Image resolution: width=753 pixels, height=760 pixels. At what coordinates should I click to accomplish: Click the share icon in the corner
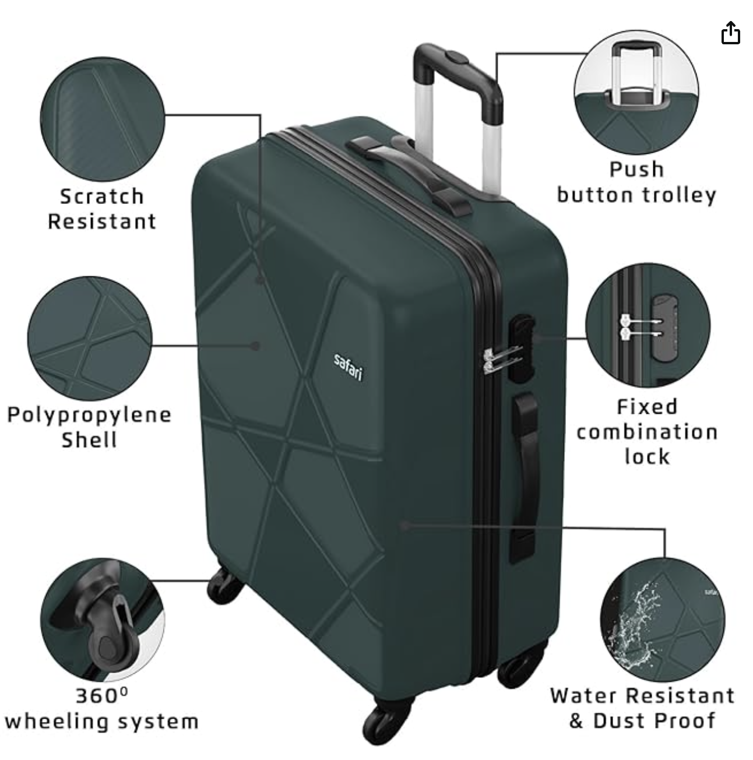tap(730, 32)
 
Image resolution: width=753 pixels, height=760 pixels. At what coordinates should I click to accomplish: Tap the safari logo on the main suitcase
tap(347, 367)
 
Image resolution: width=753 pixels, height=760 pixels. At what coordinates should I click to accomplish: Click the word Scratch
tap(102, 196)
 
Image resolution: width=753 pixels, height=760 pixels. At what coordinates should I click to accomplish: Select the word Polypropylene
tap(89, 416)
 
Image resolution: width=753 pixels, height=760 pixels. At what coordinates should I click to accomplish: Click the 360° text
tap(102, 695)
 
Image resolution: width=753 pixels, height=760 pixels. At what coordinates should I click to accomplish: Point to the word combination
tap(646, 432)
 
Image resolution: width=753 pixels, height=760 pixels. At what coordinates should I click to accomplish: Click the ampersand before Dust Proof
tap(576, 720)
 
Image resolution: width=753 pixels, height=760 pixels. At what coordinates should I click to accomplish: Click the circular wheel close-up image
tap(103, 620)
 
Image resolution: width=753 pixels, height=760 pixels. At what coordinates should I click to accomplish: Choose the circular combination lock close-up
tap(648, 325)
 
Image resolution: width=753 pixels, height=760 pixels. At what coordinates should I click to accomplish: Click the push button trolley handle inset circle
tap(636, 92)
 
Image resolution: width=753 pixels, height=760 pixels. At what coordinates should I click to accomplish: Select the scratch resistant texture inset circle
tap(103, 119)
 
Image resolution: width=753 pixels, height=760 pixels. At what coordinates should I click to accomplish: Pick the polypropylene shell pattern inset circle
tap(90, 339)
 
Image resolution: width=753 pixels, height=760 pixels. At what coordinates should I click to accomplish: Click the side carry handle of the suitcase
tap(524, 477)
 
